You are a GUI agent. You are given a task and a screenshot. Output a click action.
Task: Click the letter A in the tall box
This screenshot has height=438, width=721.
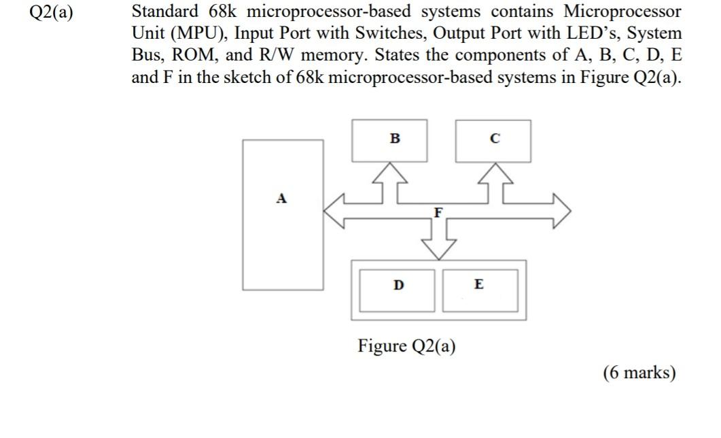pyautogui.click(x=281, y=199)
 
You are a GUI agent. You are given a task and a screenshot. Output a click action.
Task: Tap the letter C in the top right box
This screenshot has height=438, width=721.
pyautogui.click(x=495, y=139)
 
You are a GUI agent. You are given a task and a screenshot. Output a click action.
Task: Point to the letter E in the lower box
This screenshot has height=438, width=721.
pyautogui.click(x=479, y=284)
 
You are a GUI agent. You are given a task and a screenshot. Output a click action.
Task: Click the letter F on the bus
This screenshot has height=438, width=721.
pyautogui.click(x=439, y=212)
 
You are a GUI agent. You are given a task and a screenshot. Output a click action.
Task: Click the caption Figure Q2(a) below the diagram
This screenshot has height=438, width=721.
pyautogui.click(x=407, y=346)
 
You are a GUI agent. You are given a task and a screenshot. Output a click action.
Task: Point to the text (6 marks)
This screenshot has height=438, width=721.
pyautogui.click(x=639, y=373)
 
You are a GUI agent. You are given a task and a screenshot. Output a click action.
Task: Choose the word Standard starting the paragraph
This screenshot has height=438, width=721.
pyautogui.click(x=166, y=12)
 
